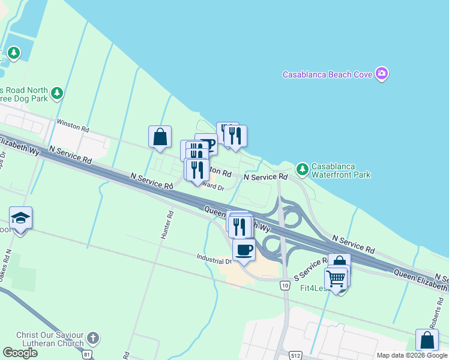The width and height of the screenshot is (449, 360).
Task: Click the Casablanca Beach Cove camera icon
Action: pyautogui.click(x=382, y=74)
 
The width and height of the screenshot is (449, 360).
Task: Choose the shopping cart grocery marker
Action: pyautogui.click(x=336, y=278)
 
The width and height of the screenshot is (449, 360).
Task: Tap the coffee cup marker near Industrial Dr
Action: pyautogui.click(x=244, y=249)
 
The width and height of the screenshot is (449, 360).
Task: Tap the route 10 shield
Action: pyautogui.click(x=285, y=286)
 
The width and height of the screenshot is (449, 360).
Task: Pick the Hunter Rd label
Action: pyautogui.click(x=166, y=224)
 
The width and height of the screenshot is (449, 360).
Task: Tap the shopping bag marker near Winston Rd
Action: pyautogui.click(x=160, y=137)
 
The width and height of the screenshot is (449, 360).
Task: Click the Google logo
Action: pyautogui.click(x=20, y=353)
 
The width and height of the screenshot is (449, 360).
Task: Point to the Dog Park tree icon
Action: pyautogui.click(x=57, y=93)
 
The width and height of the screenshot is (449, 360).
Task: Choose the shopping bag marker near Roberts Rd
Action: pyautogui.click(x=426, y=340)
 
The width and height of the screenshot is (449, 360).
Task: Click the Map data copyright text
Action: pyautogui.click(x=412, y=355)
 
